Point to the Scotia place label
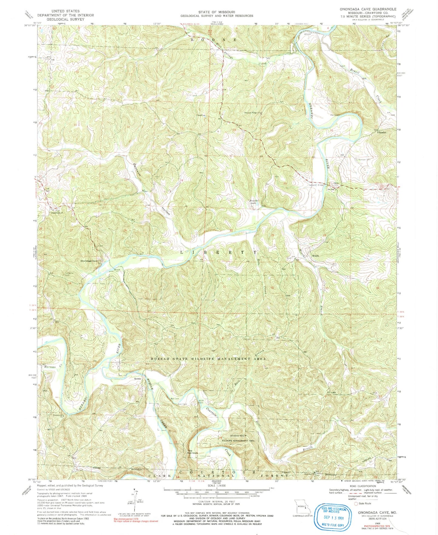pos(138,379)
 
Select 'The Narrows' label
pos(192,452)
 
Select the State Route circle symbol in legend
pos(356,503)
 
